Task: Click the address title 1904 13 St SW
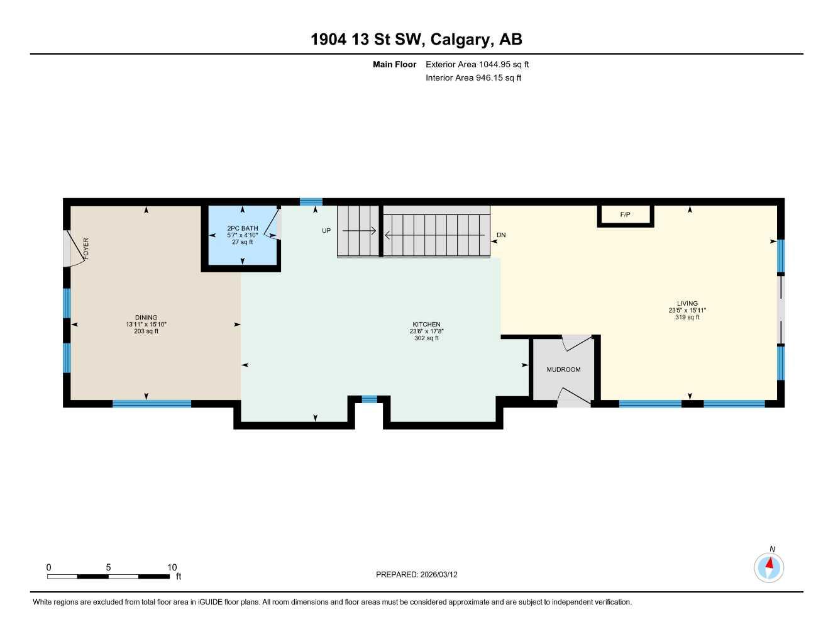pos(416,40)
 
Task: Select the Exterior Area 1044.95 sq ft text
pos(477,64)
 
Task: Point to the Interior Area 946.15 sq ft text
pos(473,78)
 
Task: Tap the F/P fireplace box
pos(625,215)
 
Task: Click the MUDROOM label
pos(563,370)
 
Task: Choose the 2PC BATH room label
pos(243,228)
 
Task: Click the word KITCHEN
pos(426,325)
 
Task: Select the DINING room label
pos(146,318)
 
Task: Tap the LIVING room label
pos(687,304)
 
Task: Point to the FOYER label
pos(86,248)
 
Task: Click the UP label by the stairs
pos(326,231)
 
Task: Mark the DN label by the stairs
pos(501,235)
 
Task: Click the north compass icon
pos(768,567)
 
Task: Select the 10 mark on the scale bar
pos(172,567)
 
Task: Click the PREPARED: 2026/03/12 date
pos(417,574)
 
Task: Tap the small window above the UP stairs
pos(311,202)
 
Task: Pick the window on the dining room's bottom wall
pos(152,404)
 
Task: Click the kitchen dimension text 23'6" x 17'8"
pos(426,331)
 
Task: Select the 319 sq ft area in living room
pos(687,318)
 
